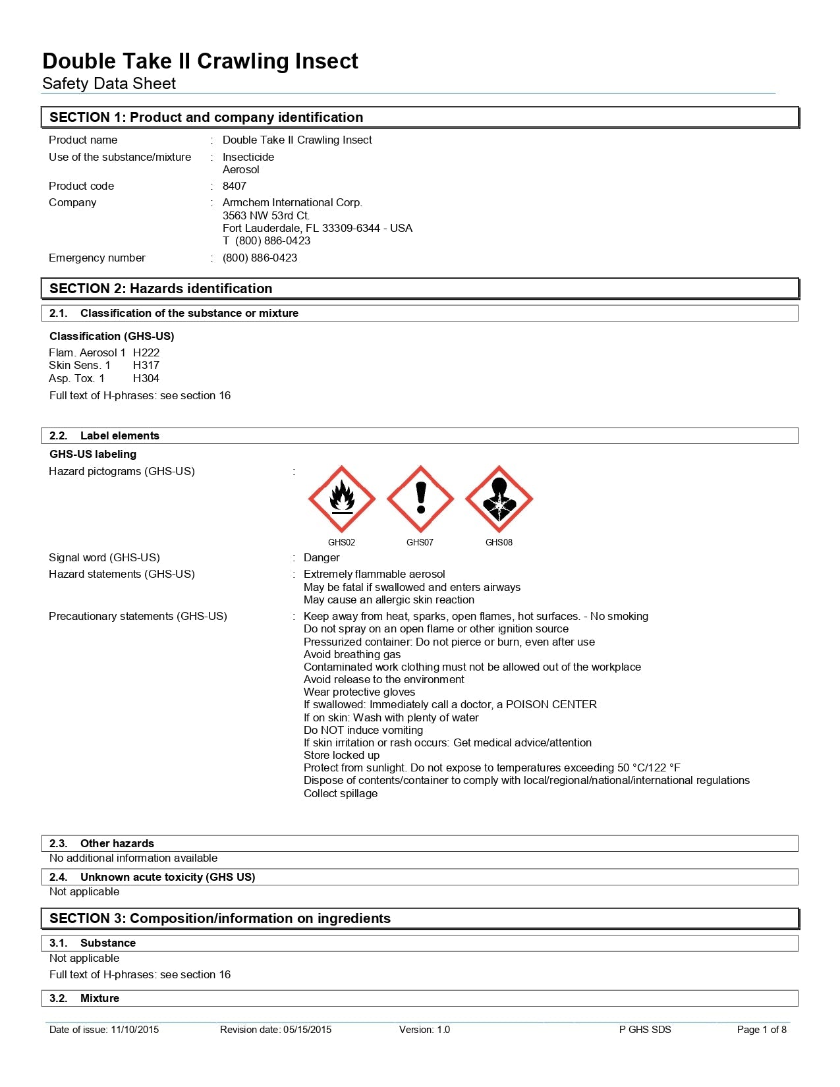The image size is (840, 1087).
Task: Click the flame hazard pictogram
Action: pyautogui.click(x=341, y=499)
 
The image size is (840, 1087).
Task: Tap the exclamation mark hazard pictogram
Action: pyautogui.click(x=420, y=499)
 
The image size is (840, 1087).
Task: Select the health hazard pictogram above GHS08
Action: pyautogui.click(x=499, y=499)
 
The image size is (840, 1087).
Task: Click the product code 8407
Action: pyautogui.click(x=235, y=186)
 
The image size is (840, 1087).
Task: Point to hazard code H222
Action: pyautogui.click(x=146, y=352)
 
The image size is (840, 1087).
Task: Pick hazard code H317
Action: pyautogui.click(x=146, y=365)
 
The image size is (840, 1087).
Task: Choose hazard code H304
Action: pyautogui.click(x=146, y=378)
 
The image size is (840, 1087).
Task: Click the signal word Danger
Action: pyautogui.click(x=322, y=557)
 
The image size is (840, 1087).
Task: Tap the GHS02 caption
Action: pyautogui.click(x=341, y=542)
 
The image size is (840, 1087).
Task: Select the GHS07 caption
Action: pyautogui.click(x=420, y=542)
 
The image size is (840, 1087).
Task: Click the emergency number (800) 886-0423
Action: pyautogui.click(x=260, y=258)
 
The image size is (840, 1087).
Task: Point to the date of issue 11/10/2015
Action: pyautogui.click(x=134, y=1030)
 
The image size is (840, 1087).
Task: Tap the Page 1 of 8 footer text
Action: pyautogui.click(x=762, y=1030)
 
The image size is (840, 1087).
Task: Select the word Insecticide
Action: pyautogui.click(x=248, y=157)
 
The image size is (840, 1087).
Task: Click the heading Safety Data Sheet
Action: pyautogui.click(x=109, y=84)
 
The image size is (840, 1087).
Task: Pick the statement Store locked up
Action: pyautogui.click(x=341, y=755)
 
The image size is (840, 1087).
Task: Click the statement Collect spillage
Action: pyautogui.click(x=341, y=793)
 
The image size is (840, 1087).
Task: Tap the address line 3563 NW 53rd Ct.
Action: pyautogui.click(x=266, y=215)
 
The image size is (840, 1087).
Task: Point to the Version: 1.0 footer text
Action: pyautogui.click(x=424, y=1030)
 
